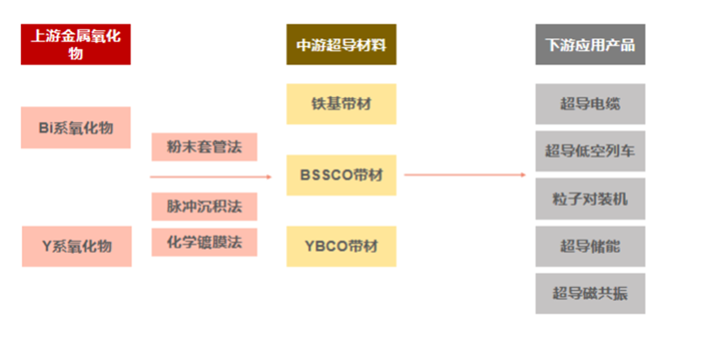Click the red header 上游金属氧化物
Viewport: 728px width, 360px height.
76,45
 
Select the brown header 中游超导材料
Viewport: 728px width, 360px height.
341,45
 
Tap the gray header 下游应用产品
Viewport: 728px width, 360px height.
590,45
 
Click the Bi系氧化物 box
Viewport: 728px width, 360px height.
76,128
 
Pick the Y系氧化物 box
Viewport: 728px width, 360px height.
76,246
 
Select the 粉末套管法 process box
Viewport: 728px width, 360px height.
204,147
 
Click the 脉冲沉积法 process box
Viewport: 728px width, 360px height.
204,206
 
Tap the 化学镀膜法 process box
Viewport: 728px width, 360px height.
204,242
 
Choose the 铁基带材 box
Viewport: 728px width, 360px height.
341,104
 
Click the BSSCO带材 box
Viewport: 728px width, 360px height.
341,175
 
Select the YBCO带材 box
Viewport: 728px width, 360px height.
341,246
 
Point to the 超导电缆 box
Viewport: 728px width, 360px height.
590,104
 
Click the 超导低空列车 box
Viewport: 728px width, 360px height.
590,151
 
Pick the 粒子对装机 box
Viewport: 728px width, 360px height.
590,199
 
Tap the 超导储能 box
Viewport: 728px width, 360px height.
590,246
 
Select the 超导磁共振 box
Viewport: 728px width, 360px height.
590,294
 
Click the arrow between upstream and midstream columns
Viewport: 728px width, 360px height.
210,177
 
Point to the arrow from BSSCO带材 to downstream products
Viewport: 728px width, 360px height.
465,175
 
